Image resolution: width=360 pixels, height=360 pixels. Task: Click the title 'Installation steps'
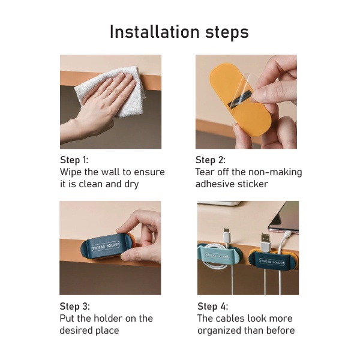click(x=179, y=32)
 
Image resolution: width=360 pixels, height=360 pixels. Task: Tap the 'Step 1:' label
click(x=74, y=160)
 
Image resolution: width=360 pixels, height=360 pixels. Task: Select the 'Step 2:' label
click(x=211, y=160)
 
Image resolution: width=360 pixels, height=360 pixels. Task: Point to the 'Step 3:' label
click(x=75, y=306)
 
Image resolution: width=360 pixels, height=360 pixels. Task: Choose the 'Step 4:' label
click(x=213, y=306)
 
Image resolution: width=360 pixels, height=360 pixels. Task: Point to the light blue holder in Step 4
click(x=216, y=255)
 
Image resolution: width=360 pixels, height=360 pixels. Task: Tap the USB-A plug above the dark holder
click(x=265, y=244)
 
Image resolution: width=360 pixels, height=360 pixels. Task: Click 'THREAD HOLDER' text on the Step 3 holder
click(x=106, y=246)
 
